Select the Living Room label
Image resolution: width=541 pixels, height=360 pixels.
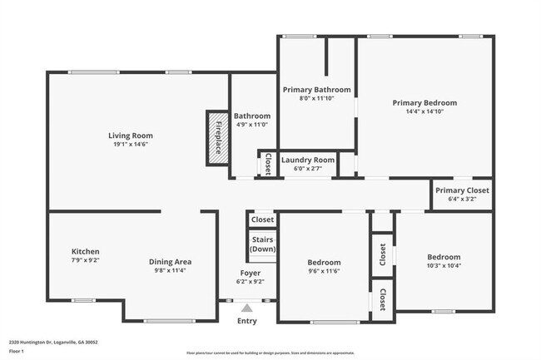131,136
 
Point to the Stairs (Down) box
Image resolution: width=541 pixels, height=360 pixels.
262,244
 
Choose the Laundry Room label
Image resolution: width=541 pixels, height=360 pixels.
308,160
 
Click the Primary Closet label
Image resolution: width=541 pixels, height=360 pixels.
463,190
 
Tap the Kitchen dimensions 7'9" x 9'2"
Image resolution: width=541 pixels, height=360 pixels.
86,260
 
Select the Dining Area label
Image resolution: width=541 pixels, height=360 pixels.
170,261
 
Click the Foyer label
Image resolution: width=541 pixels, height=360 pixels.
251,273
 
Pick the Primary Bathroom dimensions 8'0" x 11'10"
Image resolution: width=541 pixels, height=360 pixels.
316,98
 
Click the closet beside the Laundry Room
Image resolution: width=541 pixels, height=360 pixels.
268,164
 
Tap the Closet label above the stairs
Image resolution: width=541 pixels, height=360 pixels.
262,219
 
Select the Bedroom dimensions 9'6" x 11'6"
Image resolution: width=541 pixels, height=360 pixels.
324,271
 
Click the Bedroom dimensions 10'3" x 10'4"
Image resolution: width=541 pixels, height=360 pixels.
444,265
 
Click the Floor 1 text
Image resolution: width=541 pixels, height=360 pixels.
17,350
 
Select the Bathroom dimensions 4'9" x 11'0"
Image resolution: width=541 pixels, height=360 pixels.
251,125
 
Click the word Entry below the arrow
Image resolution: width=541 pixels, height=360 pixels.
247,321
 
